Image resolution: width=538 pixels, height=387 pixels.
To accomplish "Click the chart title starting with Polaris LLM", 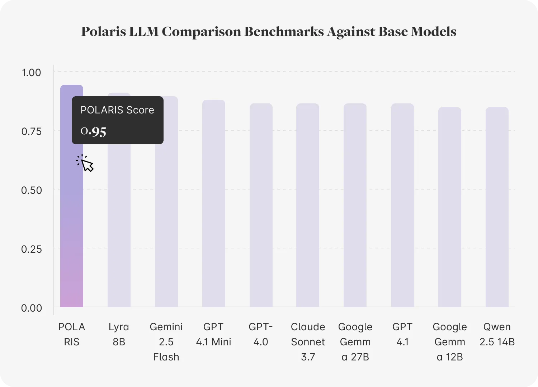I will [x=269, y=32].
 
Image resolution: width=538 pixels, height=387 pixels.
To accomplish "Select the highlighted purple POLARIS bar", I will [x=72, y=233].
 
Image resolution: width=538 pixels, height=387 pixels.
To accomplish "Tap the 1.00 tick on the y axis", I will [x=32, y=73].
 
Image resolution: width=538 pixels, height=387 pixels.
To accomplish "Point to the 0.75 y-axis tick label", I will [x=32, y=131].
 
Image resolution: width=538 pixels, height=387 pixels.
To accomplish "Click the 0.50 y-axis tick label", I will [x=32, y=190].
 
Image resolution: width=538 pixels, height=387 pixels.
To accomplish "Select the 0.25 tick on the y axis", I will [x=32, y=249].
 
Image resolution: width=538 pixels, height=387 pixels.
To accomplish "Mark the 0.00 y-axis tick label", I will [x=32, y=308].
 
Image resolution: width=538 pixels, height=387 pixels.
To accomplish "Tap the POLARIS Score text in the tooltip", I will [x=117, y=110].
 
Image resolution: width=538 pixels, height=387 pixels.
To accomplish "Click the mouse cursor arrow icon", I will [x=87, y=165].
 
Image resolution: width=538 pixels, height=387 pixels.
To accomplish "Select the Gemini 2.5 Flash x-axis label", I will [x=166, y=342].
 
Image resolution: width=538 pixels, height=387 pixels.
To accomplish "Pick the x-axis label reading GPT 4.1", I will [x=402, y=334].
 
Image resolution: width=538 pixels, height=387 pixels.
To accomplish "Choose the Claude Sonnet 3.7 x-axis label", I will [x=308, y=342].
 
